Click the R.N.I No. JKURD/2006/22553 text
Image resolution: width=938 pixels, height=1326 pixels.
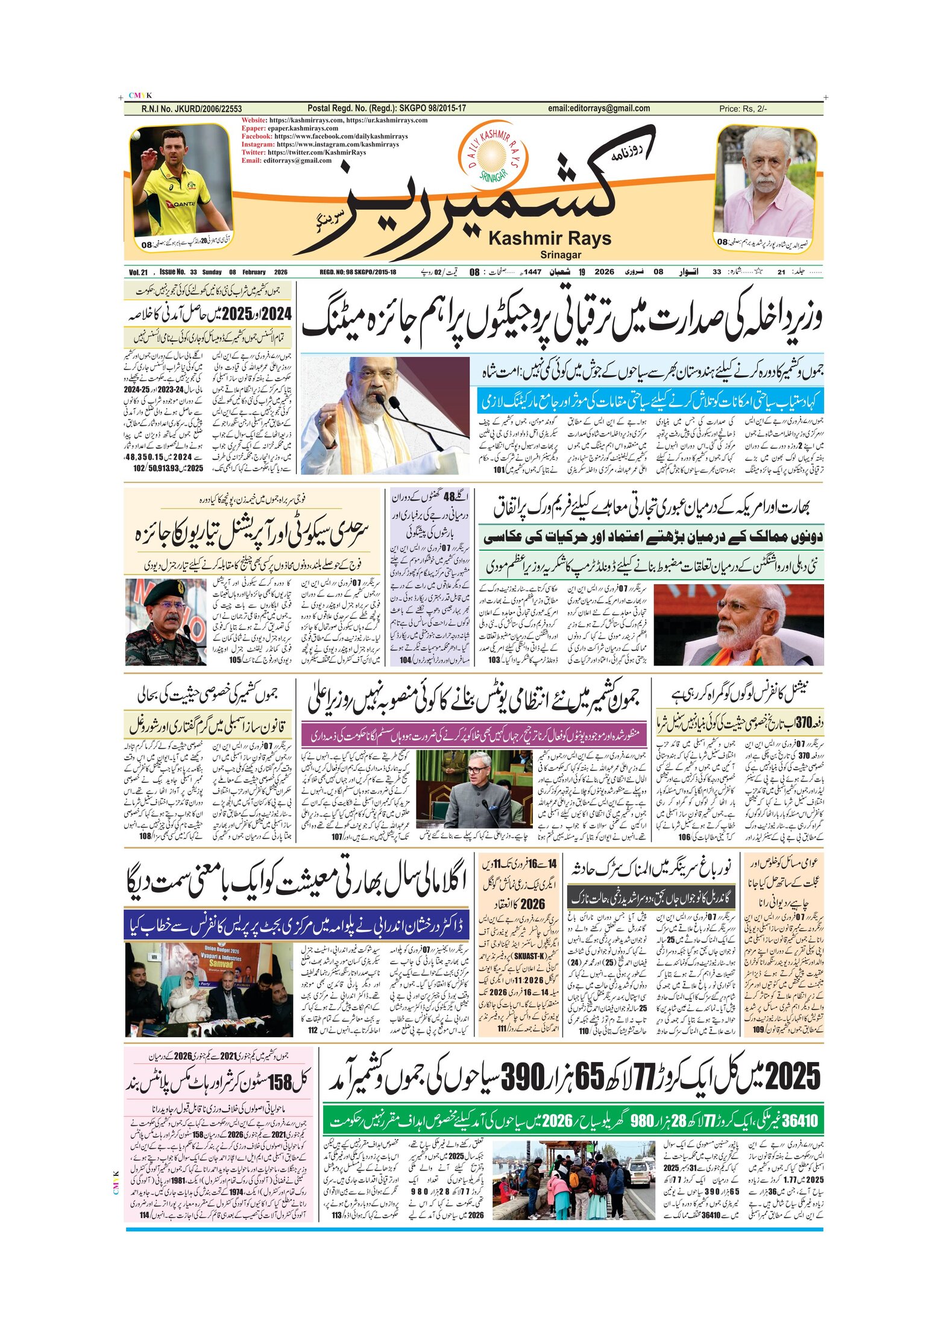191,109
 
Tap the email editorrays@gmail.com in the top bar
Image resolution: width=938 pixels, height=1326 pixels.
599,108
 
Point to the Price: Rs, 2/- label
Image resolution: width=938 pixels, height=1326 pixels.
743,109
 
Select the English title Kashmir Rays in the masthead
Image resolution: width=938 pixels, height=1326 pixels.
549,239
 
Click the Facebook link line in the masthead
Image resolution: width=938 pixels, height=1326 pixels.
324,136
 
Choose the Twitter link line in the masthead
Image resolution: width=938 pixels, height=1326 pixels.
303,152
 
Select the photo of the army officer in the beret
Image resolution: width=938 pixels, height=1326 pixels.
166,622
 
